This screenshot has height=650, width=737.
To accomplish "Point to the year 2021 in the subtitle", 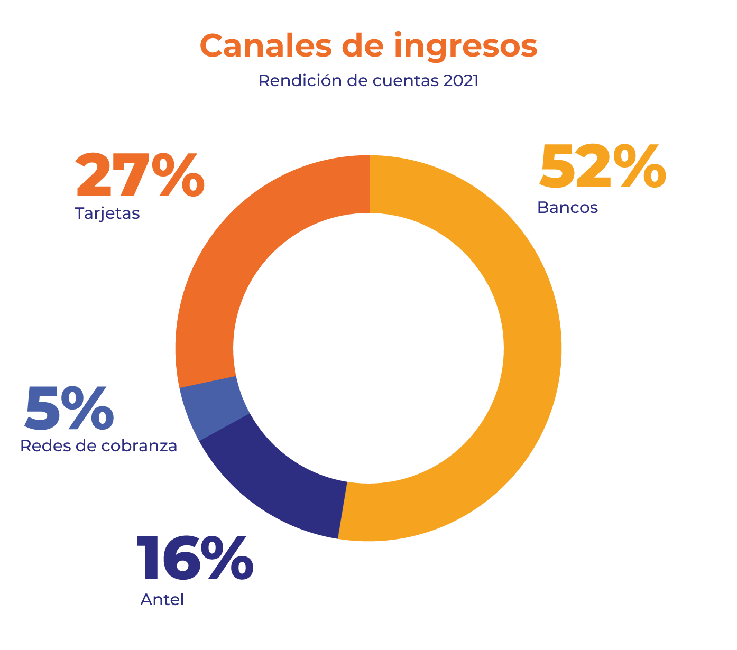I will click(460, 81).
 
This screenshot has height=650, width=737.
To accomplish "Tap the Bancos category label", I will click(567, 207).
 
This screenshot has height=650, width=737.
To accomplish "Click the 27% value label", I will click(140, 175).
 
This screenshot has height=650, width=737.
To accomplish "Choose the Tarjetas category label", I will click(107, 213).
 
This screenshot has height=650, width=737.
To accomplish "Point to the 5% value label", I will click(69, 408).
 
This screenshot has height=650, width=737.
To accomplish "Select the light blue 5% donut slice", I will click(214, 410).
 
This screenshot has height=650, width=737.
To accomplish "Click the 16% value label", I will click(195, 558).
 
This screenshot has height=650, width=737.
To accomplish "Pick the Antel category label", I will click(162, 600).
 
